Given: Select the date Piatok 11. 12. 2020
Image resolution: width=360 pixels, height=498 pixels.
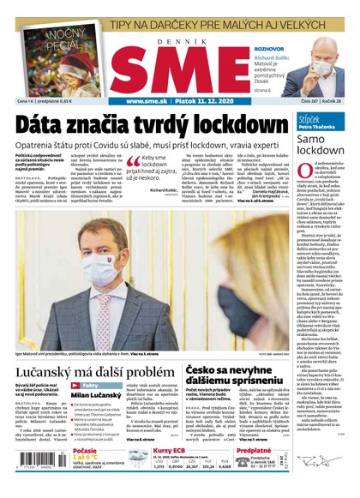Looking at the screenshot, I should point(204,101).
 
